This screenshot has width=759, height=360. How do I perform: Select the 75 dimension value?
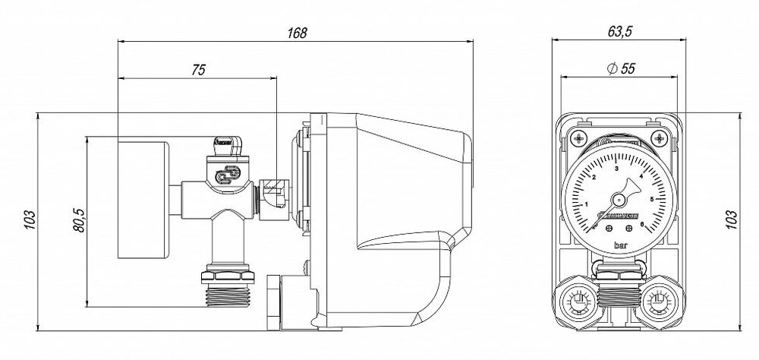tap(198, 70)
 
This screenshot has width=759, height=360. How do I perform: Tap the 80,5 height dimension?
tap(78, 222)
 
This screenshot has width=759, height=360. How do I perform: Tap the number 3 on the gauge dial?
tap(617, 168)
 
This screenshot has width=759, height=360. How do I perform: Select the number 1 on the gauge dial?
tap(585, 205)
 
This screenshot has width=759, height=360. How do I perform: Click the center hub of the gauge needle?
tap(618, 199)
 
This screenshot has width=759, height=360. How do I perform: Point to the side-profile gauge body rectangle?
tap(143, 198)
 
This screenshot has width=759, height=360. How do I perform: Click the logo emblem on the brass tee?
tap(226, 176)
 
